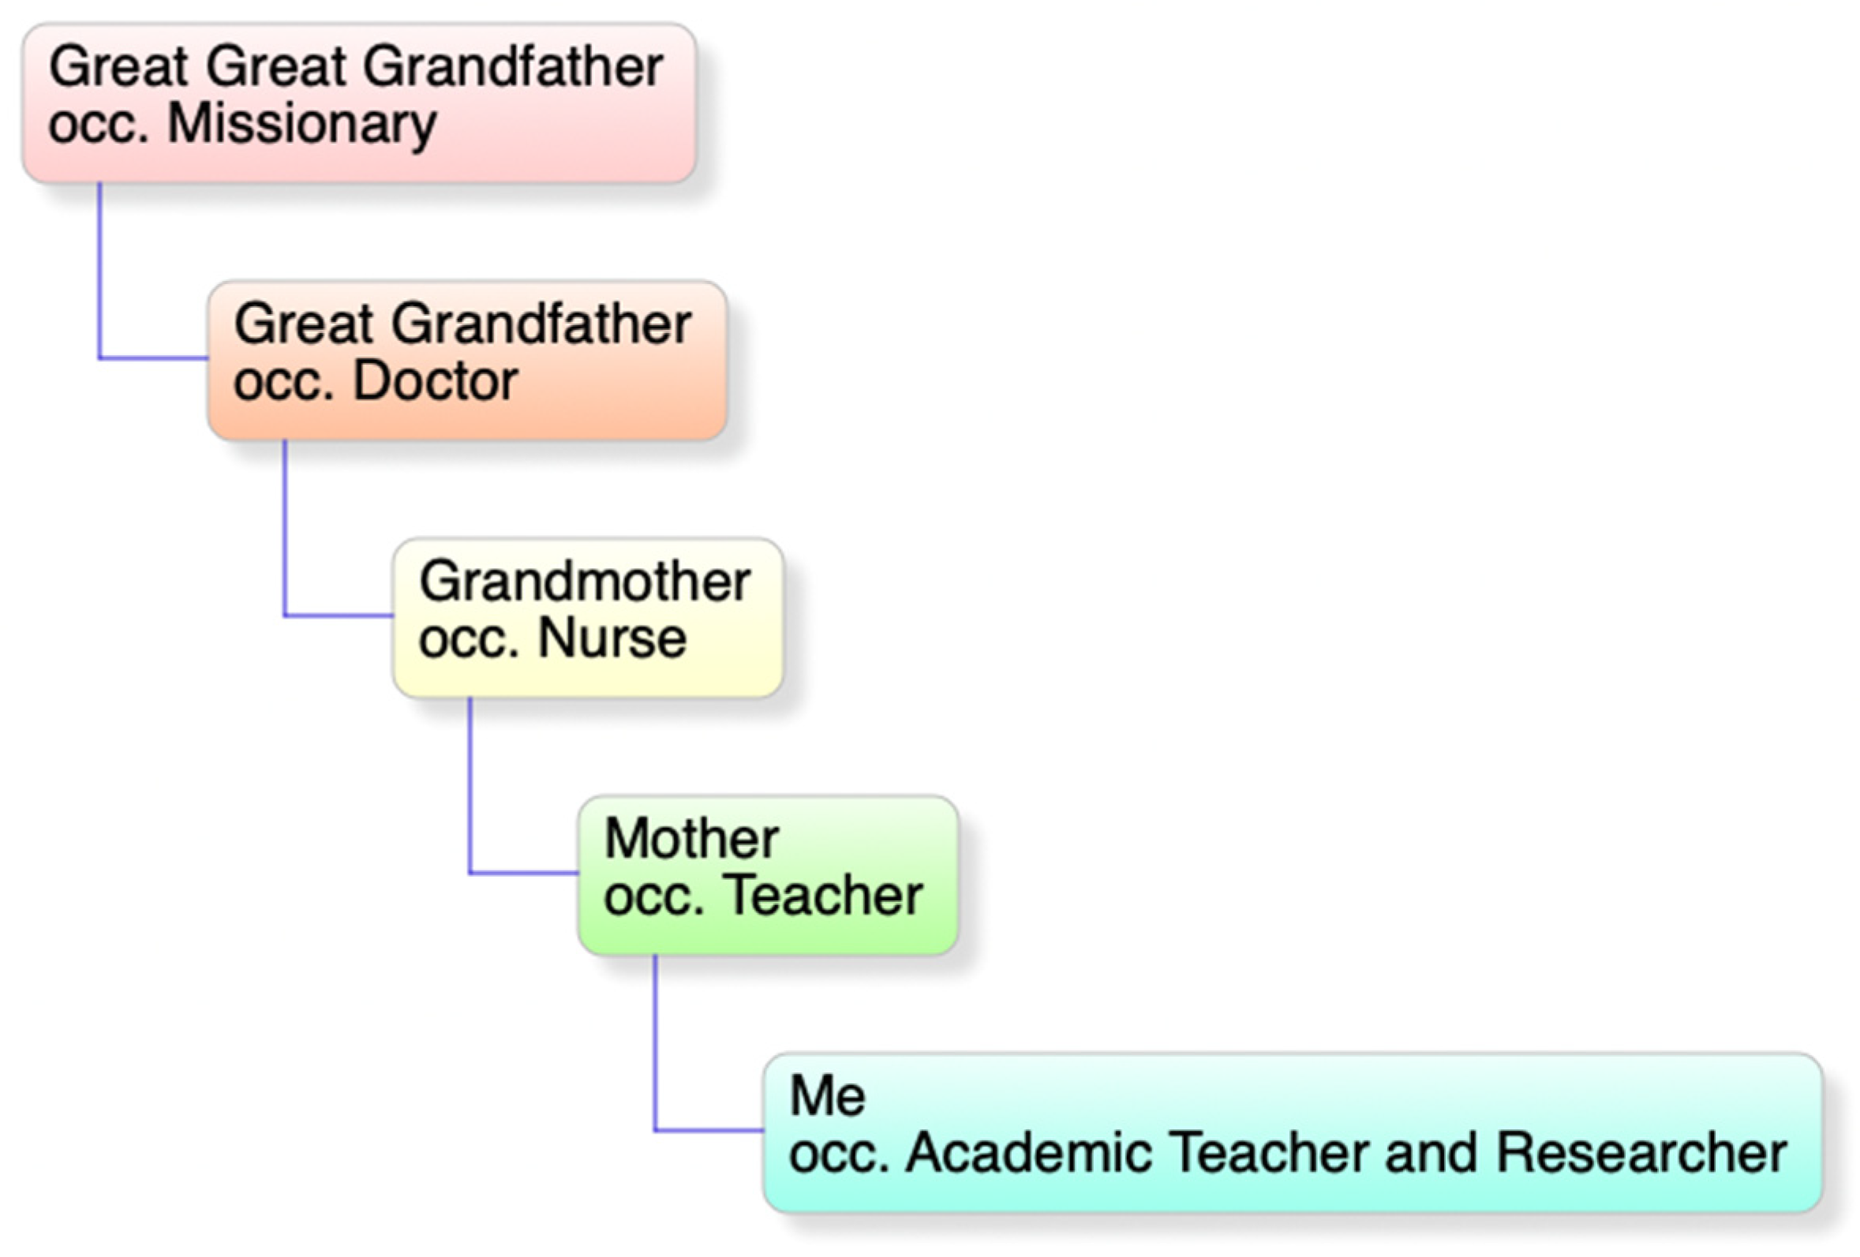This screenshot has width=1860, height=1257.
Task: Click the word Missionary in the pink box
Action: [301, 125]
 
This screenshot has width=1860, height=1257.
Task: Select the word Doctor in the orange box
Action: [436, 381]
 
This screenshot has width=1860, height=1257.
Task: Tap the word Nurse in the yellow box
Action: [612, 638]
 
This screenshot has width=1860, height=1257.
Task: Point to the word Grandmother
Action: [584, 582]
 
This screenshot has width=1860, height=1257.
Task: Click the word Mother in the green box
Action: [691, 839]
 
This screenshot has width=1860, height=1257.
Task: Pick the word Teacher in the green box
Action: [827, 896]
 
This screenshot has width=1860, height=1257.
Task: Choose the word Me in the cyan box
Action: [827, 1095]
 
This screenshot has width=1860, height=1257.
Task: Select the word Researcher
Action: [1641, 1153]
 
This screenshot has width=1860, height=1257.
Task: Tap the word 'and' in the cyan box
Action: [1430, 1153]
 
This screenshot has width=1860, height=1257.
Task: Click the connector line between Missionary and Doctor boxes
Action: [99, 272]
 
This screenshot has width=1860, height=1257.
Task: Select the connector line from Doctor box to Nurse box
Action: [284, 528]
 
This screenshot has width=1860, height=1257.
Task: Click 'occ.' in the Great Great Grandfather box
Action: [99, 126]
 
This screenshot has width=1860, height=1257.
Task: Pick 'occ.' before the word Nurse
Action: [469, 640]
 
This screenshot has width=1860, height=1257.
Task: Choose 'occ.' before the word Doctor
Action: [283, 383]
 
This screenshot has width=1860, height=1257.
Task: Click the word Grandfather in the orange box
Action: [541, 324]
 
